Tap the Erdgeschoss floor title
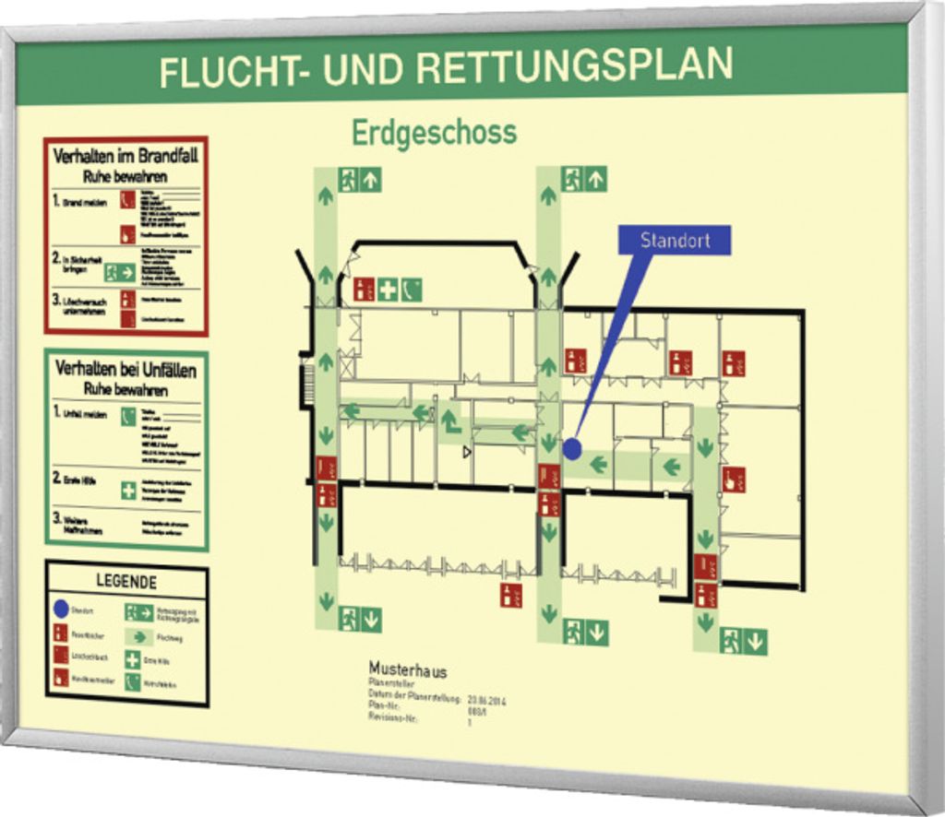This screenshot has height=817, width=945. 433,132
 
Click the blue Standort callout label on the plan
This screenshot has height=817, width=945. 676,241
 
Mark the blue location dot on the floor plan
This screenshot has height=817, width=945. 572,449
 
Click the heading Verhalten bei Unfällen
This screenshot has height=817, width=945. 126,369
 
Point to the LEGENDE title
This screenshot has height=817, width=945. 126,582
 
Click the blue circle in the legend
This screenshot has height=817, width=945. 60,610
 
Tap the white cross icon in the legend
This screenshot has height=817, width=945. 133,660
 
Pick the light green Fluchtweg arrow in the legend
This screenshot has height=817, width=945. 138,636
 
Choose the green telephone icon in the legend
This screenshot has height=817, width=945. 133,683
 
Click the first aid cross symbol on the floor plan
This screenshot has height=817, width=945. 388,290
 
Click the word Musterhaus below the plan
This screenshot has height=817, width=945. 407,669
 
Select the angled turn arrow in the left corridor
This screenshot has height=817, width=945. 450,421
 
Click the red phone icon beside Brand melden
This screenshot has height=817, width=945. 127,199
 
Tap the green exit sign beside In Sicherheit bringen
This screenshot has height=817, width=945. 120,272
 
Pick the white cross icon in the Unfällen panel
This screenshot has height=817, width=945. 127,491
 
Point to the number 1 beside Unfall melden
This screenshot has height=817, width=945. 56,412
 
